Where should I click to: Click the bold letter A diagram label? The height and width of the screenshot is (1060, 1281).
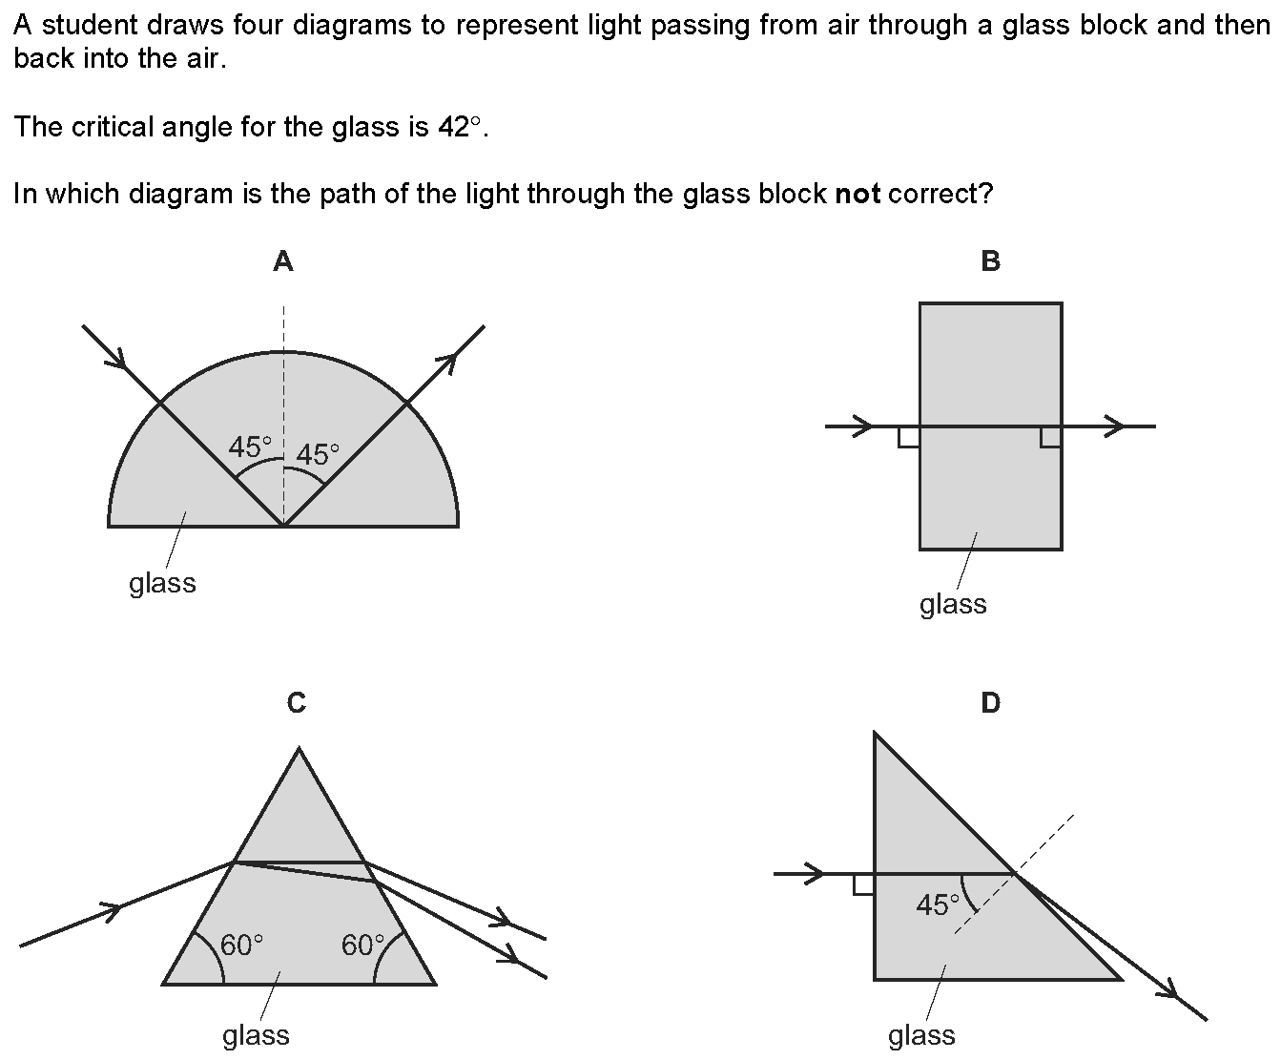tap(283, 261)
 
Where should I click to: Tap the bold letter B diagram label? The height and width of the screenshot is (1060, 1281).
tap(990, 261)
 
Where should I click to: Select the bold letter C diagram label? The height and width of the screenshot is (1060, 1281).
tap(297, 703)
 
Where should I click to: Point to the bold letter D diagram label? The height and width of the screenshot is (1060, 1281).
tap(990, 703)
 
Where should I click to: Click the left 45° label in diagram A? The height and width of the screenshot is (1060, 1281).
tap(250, 447)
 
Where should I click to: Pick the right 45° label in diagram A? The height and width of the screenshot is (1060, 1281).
tap(318, 455)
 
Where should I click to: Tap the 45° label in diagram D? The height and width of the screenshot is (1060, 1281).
tap(938, 904)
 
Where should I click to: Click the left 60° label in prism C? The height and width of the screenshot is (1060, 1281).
tap(241, 946)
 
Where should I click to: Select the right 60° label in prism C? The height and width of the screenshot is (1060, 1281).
tap(362, 946)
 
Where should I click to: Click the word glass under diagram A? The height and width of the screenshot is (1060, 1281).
tap(162, 584)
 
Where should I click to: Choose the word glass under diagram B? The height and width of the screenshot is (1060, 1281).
tap(953, 605)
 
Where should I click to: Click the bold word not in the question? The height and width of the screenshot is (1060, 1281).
tap(857, 194)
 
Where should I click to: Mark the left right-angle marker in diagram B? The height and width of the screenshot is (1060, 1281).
tap(909, 437)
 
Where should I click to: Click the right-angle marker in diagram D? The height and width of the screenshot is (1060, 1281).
tap(863, 884)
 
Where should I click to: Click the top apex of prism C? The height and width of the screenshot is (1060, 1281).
tap(299, 748)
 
